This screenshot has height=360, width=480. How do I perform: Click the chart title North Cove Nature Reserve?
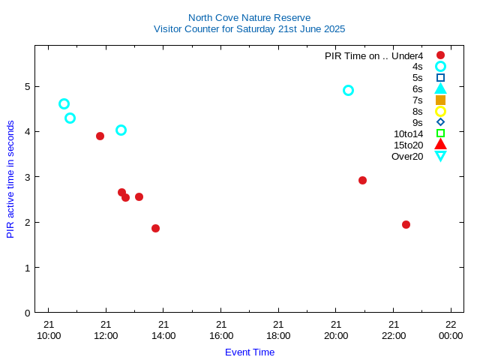249,17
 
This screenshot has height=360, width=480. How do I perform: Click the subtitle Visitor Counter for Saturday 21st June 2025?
249,29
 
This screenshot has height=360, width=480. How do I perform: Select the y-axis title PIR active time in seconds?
10,179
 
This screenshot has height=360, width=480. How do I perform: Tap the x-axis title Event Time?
250,352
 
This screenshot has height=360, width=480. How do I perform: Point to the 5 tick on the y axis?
27,86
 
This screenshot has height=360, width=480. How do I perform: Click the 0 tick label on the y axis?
27,313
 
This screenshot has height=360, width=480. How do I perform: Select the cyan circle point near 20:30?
348,90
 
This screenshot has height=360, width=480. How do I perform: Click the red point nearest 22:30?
406,224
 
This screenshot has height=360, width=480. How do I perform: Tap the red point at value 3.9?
100,136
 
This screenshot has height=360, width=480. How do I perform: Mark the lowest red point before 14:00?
155,228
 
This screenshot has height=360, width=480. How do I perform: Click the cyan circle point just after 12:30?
121,130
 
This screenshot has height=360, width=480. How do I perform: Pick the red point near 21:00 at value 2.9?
362,180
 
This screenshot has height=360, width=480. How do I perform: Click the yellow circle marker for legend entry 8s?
440,111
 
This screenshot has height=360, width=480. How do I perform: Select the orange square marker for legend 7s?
440,100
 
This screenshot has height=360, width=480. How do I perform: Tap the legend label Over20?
407,156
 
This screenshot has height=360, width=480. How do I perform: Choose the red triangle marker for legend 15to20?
440,144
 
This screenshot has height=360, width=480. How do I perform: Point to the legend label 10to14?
408,133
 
